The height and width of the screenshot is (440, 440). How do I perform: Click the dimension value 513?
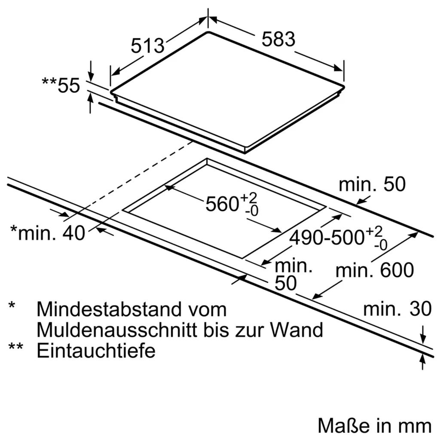click(147, 46)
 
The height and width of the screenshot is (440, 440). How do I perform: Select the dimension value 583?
click(278, 39)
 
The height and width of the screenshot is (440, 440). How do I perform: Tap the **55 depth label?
click(61, 86)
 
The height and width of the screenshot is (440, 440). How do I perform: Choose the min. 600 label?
click(375, 270)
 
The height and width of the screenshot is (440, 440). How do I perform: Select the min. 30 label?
click(397, 309)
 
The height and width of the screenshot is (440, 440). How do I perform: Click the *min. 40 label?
click(47, 232)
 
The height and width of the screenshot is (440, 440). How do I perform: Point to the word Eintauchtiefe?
click(96, 350)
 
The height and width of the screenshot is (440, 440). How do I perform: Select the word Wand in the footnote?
click(296, 330)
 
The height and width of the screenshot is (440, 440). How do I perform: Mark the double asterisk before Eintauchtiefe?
click(16, 347)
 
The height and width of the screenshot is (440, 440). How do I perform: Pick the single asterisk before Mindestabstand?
click(12, 306)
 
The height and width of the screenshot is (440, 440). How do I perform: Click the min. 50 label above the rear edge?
click(372, 184)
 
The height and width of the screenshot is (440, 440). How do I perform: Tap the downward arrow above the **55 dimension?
click(90, 70)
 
